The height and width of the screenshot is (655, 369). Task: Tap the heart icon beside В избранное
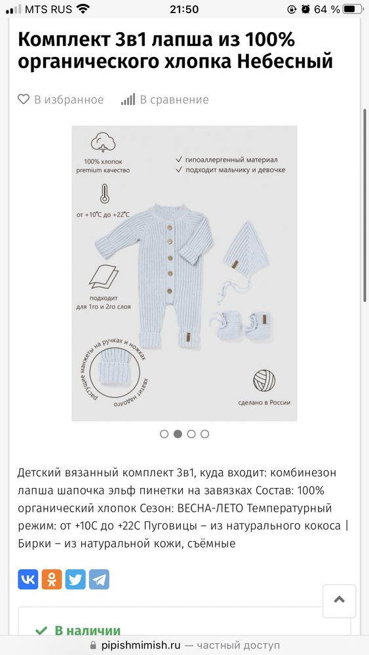[x=24, y=100]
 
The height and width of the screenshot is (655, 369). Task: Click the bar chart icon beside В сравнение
[x=128, y=100]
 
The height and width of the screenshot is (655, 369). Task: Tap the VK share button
[x=28, y=579]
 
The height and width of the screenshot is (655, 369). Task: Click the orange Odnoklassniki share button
[x=52, y=579]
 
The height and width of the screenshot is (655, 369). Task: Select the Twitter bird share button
[x=75, y=579]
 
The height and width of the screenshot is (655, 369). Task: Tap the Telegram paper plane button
[x=99, y=579]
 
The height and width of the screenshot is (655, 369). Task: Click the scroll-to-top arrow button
[x=339, y=600]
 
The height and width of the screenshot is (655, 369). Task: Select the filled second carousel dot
[x=178, y=434]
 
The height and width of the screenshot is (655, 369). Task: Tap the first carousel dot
[x=164, y=434]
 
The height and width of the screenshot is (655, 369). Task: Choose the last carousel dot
[x=205, y=434]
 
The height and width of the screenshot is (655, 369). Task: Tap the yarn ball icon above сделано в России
[x=264, y=380]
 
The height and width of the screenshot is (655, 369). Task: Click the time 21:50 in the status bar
[x=184, y=9]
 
